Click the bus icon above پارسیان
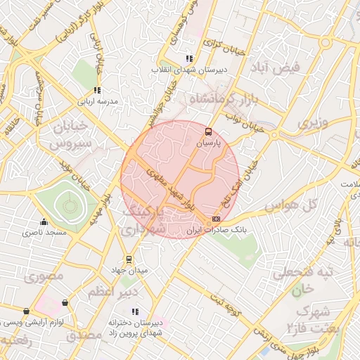(x=208, y=131)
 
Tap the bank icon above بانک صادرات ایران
(x=215, y=219)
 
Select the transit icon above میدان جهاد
(x=128, y=259)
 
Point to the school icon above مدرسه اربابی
(x=97, y=90)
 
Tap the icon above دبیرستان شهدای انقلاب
(x=188, y=58)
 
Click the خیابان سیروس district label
(x=70, y=133)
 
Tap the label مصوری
(x=44, y=276)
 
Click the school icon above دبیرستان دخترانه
(x=135, y=311)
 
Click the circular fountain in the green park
(x=69, y=206)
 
